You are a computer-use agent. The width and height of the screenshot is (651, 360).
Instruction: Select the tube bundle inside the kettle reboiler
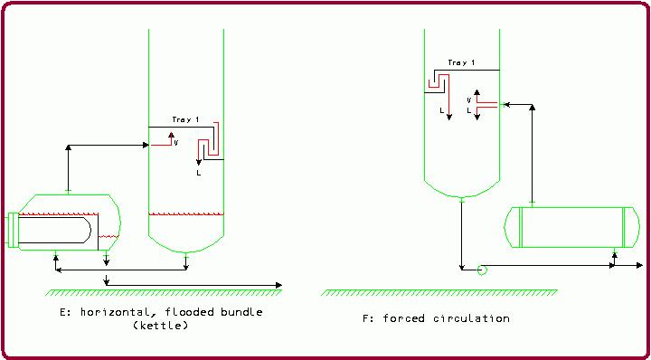54,230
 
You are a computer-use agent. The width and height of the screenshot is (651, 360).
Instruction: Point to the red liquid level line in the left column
185,214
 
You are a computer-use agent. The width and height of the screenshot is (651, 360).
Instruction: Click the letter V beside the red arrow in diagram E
176,142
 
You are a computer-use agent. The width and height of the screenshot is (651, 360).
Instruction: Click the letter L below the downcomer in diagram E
198,172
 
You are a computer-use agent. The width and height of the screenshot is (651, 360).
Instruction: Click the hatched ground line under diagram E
163,291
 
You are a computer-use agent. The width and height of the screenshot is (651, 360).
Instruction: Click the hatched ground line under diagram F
439,291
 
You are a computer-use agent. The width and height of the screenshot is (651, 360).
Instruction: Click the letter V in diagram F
468,99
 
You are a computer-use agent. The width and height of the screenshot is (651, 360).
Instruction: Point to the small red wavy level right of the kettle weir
108,238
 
